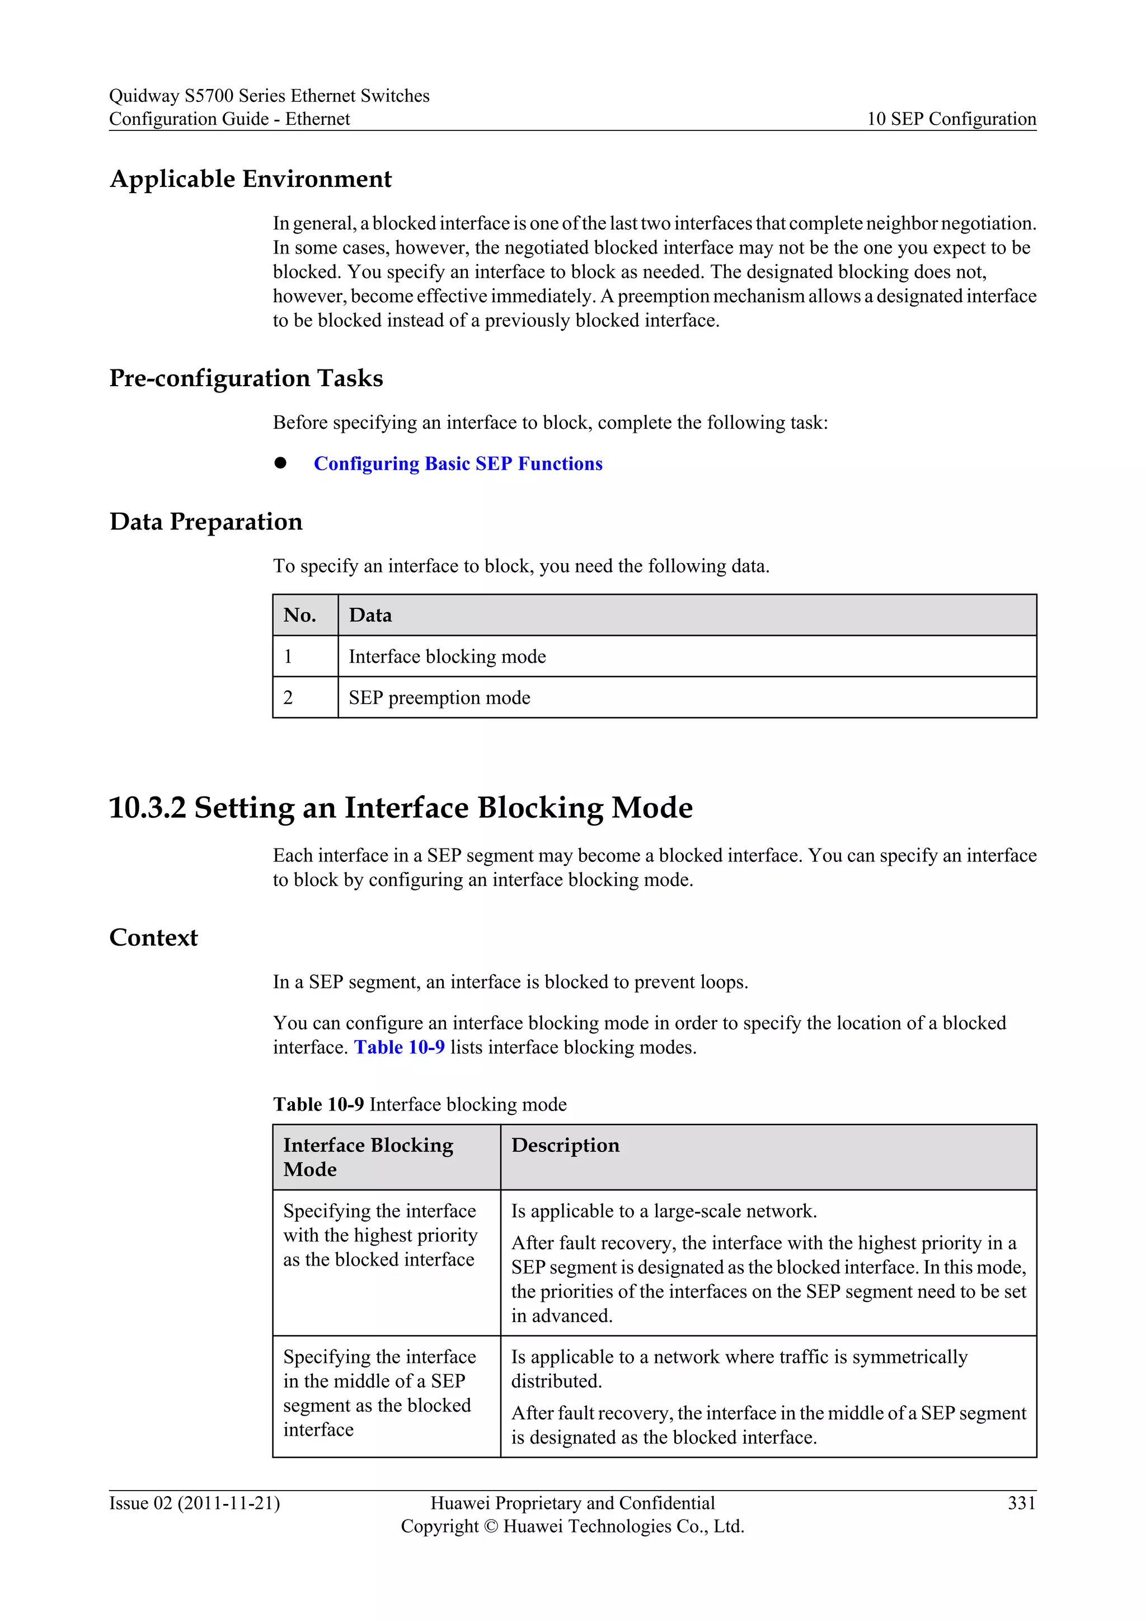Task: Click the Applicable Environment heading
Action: [251, 179]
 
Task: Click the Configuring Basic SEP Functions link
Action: [458, 464]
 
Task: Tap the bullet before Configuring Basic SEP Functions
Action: [281, 463]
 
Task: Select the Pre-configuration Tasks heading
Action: [246, 378]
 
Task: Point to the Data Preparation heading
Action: [206, 522]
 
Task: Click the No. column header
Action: [300, 616]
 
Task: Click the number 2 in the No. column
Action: [288, 698]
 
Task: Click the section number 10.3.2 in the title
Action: [147, 808]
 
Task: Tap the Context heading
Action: [154, 938]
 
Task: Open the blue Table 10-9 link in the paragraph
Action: [400, 1048]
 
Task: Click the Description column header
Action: [565, 1146]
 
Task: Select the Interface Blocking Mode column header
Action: [368, 1157]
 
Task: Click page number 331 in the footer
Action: [1021, 1503]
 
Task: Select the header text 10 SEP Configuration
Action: [951, 119]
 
